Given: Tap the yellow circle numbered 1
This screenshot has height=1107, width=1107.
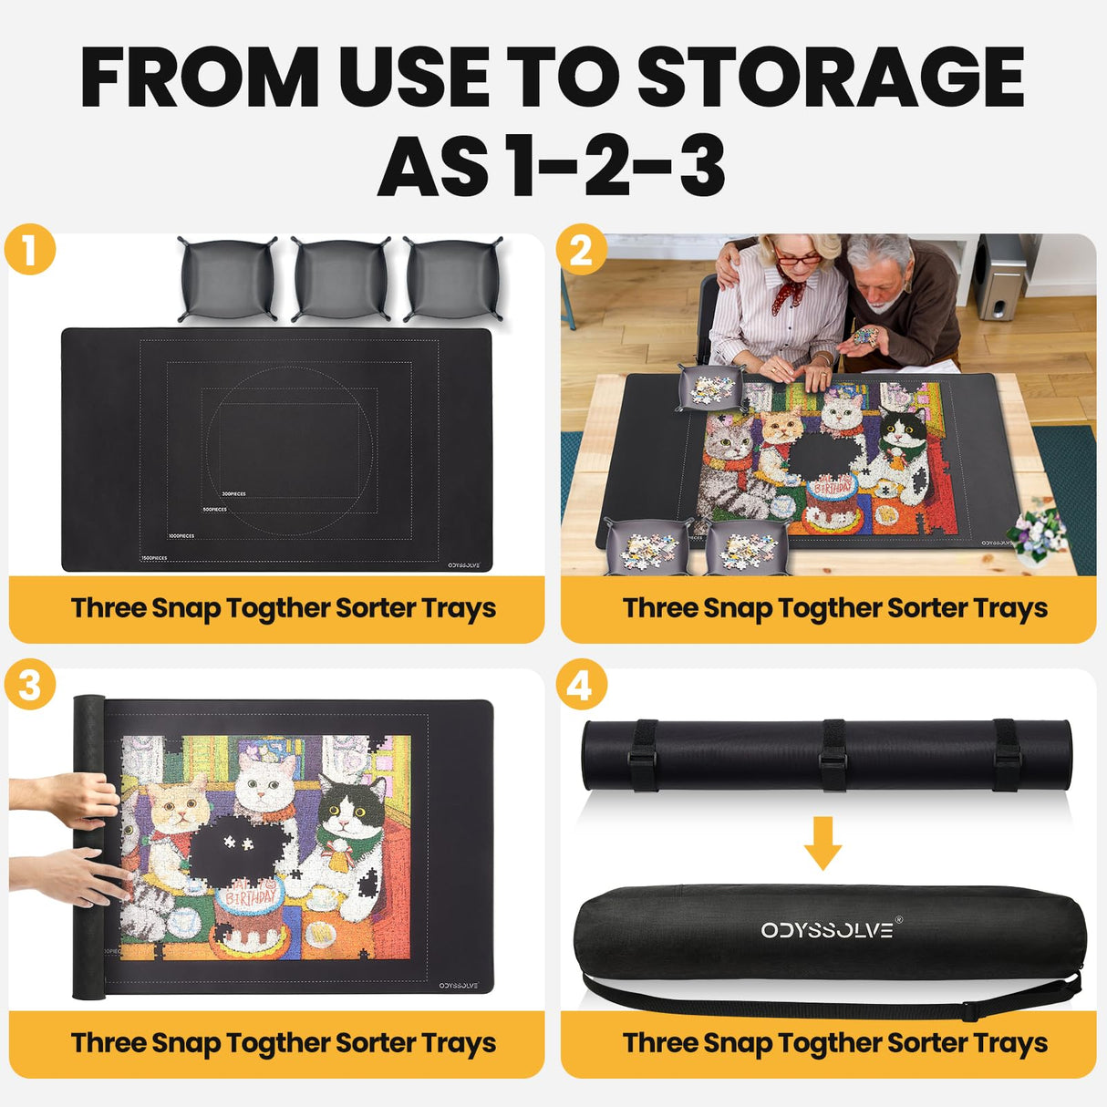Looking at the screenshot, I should pos(30,249).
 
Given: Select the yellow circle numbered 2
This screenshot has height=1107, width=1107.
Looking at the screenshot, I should pos(581,249).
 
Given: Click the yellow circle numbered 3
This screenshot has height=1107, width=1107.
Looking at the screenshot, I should pos(30,684).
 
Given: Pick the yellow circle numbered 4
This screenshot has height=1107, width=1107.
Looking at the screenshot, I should pos(581,684).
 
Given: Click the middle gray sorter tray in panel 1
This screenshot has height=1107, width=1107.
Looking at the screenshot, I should pos(340,279).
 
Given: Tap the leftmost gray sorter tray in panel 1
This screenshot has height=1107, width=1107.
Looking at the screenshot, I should pos(228,279).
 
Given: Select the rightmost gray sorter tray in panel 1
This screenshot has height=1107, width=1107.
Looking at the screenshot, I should pos(452,279).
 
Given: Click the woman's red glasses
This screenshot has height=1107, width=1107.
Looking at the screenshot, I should pos(799,259).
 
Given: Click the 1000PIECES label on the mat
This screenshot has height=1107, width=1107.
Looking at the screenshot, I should pos(181,536).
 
